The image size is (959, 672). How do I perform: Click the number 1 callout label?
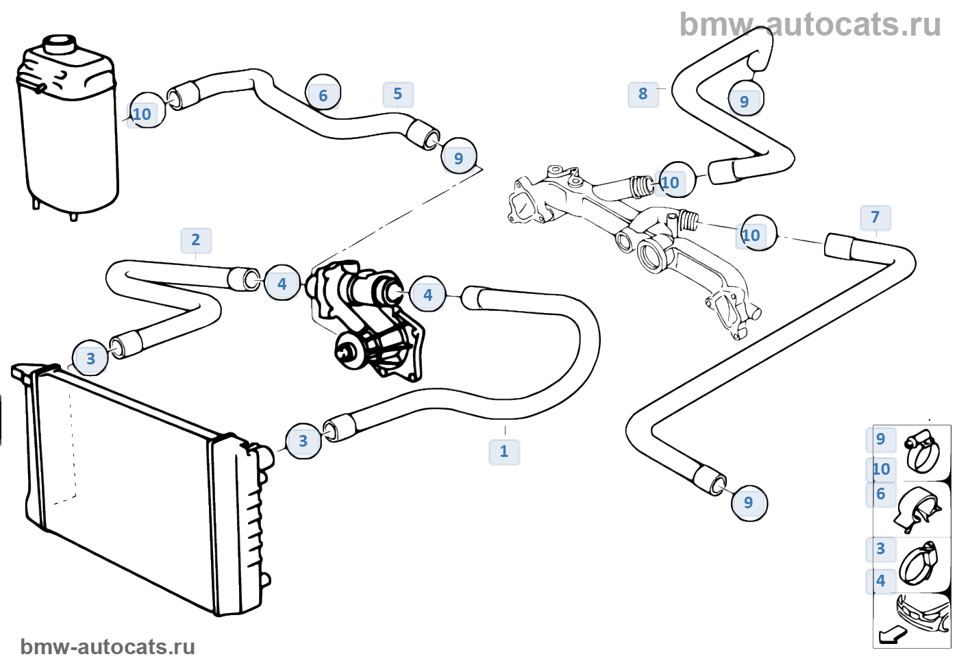504,451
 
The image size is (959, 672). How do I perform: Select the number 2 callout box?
196,240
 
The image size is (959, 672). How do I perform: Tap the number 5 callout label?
398,94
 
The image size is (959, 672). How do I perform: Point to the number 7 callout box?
875,217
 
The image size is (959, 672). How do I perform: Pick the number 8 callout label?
643,94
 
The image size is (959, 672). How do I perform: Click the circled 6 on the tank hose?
323,95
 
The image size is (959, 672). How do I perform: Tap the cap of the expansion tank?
59,44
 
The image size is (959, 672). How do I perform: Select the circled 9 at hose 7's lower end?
749,503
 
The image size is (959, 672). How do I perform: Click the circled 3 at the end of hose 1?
303,441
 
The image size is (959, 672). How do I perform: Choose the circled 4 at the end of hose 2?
282,283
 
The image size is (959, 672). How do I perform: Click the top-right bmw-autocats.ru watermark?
810,25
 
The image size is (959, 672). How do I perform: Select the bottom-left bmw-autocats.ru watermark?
108,647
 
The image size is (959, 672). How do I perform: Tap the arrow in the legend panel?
891,635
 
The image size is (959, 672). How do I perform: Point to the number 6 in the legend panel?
881,494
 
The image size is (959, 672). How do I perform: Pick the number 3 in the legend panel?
881,549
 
